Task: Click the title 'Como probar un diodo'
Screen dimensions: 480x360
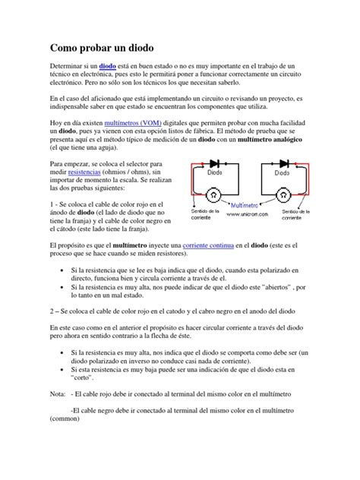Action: [x=101, y=47]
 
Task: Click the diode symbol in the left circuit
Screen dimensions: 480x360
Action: [x=215, y=163]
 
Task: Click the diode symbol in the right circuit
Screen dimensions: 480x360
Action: [x=284, y=163]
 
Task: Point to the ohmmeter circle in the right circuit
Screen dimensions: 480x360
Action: [x=285, y=195]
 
